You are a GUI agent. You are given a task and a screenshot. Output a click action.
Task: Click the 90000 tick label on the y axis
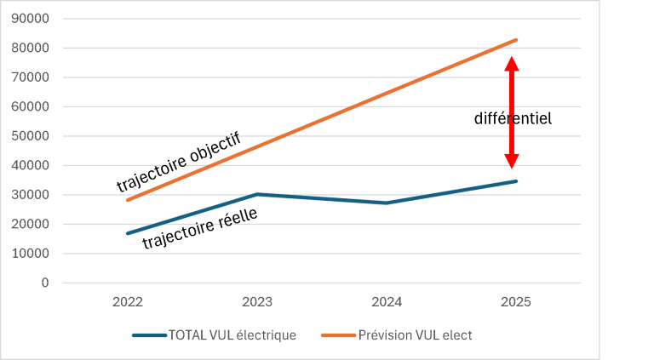[x=30, y=19]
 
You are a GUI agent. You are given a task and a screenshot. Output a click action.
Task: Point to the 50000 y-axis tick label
[x=30, y=136]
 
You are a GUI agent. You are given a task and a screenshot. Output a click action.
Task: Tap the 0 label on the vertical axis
[x=45, y=283]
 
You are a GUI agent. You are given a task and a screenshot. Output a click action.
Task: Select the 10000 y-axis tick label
[x=30, y=254]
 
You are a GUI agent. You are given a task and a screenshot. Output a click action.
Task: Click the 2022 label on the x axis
[x=128, y=301]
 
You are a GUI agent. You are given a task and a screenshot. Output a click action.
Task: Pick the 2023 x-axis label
[x=257, y=301]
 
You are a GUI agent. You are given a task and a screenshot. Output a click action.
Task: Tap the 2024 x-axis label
[x=387, y=301]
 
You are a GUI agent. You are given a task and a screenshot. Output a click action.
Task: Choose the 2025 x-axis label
[x=516, y=301]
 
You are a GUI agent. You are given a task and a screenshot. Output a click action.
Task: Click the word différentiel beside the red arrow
[x=513, y=119]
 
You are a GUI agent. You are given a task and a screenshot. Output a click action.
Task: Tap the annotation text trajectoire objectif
[x=179, y=162]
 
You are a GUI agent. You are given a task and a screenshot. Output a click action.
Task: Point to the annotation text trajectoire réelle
[x=200, y=228]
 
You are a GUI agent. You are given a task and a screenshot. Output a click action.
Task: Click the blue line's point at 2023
[x=257, y=194]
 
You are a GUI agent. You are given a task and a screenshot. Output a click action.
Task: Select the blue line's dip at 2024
[x=387, y=203]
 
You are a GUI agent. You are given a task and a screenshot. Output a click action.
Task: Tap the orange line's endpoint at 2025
[x=516, y=40]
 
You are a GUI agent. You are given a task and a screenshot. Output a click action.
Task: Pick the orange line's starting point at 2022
[x=128, y=200]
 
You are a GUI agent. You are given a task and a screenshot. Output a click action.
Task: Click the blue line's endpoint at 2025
[x=516, y=181]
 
